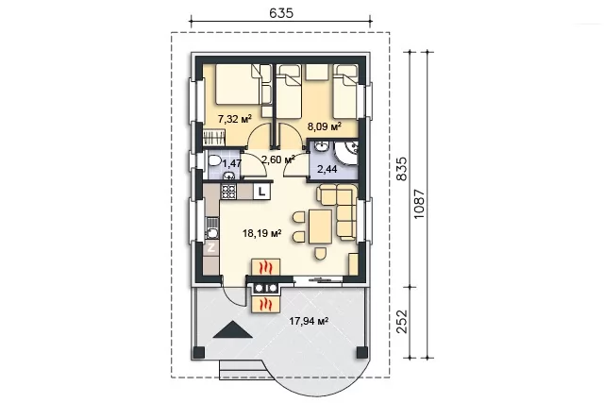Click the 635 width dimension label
click(281, 13)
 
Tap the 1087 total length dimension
click(419, 204)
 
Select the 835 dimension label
click(401, 168)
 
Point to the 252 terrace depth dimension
click(401, 321)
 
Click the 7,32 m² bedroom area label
click(235, 118)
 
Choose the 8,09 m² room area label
click(324, 126)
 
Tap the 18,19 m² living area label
click(261, 233)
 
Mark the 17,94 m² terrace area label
click(309, 321)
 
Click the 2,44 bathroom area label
click(327, 168)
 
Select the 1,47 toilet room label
click(232, 163)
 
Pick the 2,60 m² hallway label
click(278, 160)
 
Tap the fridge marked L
click(262, 191)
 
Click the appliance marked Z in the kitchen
click(211, 247)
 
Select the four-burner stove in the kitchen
click(228, 192)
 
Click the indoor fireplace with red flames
click(266, 267)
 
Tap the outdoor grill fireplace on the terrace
click(266, 304)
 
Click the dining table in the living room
click(320, 227)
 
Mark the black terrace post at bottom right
click(362, 352)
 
